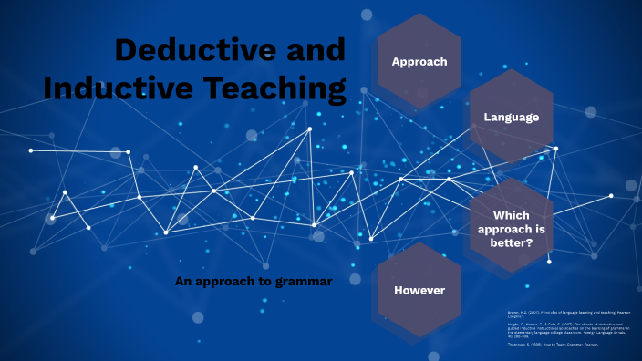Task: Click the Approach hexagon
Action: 419,62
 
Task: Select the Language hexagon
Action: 511,117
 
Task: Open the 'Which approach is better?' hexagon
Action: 511,228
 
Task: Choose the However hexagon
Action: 419,290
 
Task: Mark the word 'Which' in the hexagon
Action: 511,215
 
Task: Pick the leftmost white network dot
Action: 31,150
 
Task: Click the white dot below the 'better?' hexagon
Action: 549,262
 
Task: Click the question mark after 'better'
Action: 530,242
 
